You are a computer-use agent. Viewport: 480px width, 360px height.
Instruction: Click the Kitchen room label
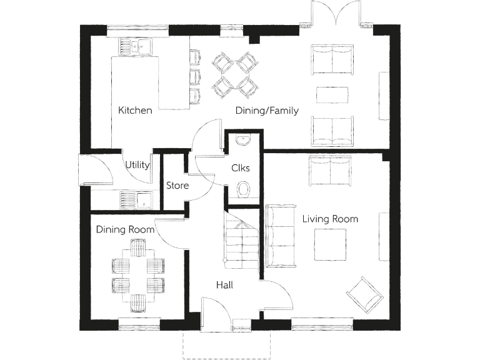135,111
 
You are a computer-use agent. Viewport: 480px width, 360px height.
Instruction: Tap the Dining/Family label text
267,111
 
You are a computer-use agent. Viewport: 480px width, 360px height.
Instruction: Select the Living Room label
330,219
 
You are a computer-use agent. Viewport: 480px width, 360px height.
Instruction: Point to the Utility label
137,165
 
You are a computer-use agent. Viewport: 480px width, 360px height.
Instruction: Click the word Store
177,186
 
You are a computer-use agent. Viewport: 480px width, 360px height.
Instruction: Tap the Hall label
224,285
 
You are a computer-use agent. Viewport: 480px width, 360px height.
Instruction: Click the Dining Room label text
125,230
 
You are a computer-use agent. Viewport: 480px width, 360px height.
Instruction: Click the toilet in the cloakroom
244,189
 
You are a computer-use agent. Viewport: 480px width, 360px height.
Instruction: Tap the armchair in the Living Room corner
364,293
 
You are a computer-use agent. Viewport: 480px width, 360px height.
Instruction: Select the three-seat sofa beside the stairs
279,234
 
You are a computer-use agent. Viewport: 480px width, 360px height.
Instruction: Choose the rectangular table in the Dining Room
138,276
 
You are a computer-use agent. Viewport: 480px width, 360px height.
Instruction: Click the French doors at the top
337,15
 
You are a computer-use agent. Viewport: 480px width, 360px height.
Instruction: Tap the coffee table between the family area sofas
332,94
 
